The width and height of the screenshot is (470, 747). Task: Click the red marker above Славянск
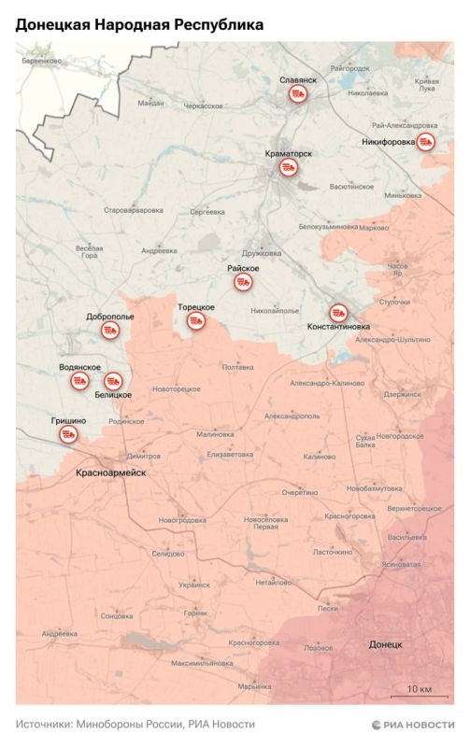click(x=297, y=96)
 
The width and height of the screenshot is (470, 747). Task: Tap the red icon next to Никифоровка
click(x=425, y=141)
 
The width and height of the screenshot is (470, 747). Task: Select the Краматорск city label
click(x=289, y=153)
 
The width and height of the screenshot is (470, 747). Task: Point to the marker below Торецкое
click(x=196, y=321)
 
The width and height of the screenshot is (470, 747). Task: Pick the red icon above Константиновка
click(x=338, y=313)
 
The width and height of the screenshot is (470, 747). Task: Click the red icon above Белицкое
click(x=113, y=380)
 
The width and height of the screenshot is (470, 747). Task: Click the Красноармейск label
click(x=111, y=473)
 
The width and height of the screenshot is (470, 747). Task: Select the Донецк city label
click(x=385, y=644)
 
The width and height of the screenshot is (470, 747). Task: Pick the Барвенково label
click(x=43, y=61)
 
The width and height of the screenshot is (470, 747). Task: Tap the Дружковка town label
click(x=261, y=252)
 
